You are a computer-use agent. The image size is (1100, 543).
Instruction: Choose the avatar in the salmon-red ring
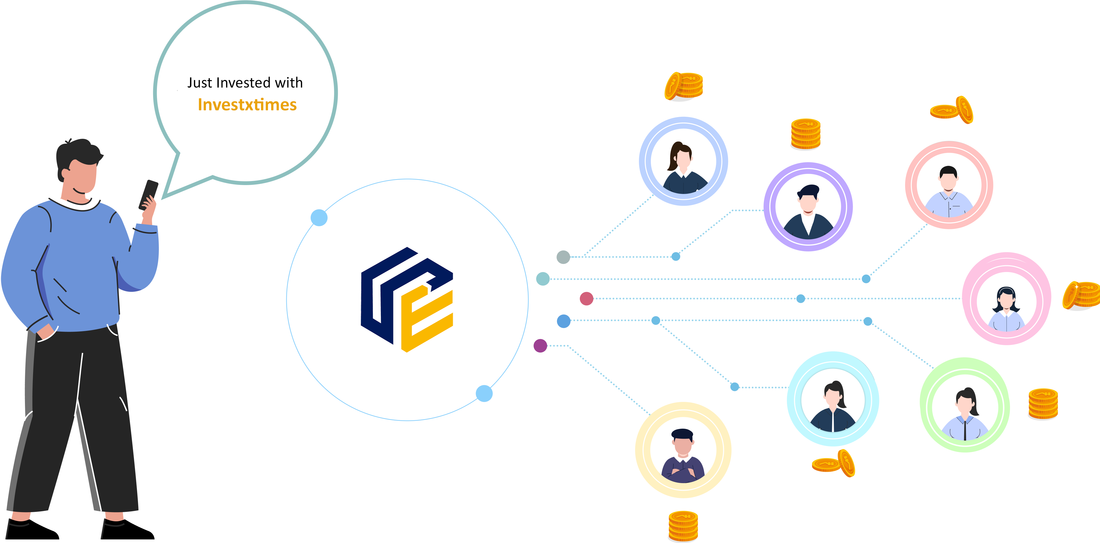pyautogui.click(x=949, y=185)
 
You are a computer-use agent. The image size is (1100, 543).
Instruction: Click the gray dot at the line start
pyautogui.click(x=563, y=257)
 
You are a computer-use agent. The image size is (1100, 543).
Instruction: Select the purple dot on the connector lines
pyautogui.click(x=540, y=345)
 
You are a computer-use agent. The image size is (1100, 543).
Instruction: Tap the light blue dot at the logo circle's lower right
pyautogui.click(x=484, y=393)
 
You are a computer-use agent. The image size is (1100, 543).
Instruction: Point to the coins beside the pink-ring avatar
pyautogui.click(x=1080, y=295)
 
